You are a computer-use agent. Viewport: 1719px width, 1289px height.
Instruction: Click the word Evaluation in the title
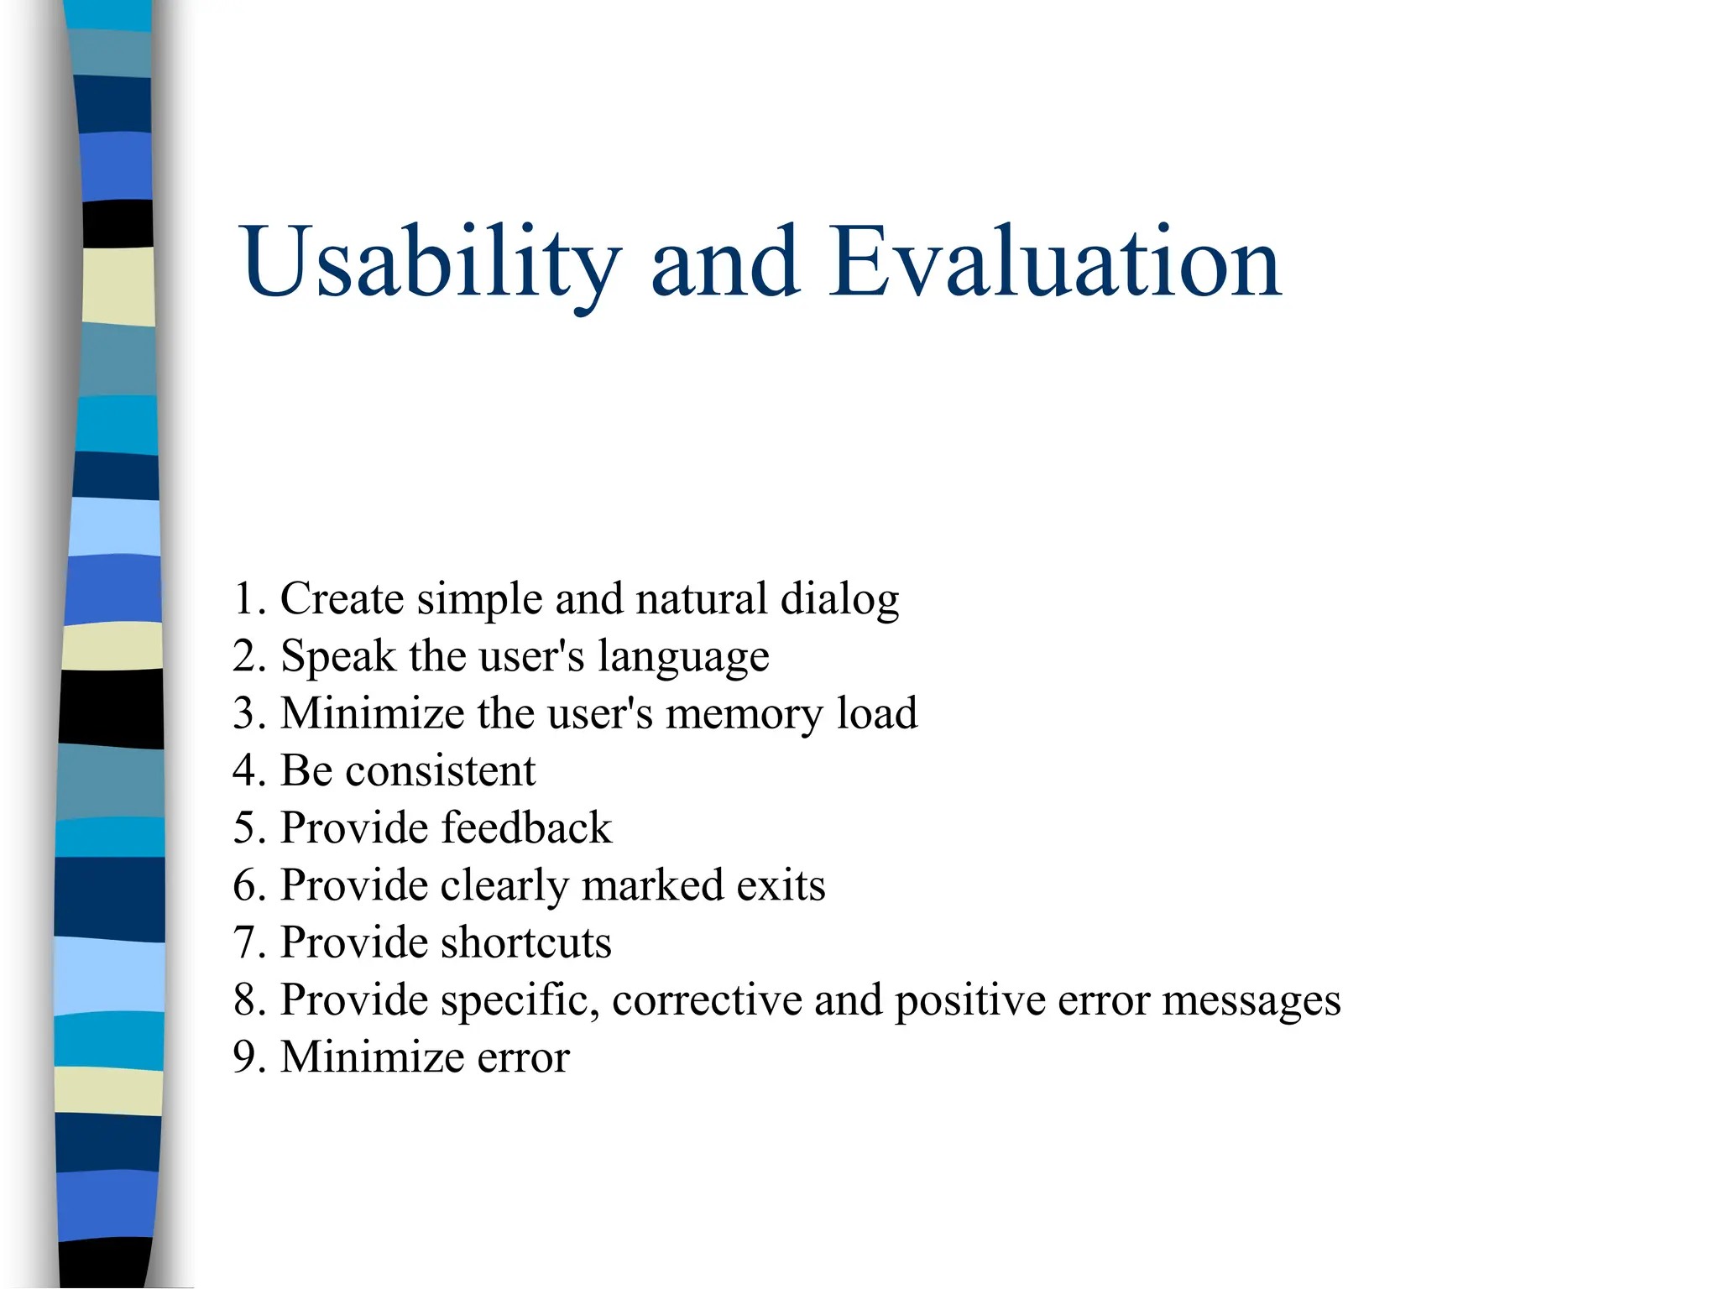[x=1055, y=264]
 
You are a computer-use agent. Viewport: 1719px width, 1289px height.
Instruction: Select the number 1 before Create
[x=244, y=599]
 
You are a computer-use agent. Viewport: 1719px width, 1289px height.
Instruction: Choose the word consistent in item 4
[x=440, y=771]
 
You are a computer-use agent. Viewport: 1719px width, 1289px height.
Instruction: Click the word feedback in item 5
[x=526, y=828]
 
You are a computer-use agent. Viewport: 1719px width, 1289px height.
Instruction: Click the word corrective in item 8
[x=706, y=1000]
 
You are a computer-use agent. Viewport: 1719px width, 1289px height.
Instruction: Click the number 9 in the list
[x=244, y=1057]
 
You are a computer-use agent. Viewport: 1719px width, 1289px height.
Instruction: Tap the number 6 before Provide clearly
[x=244, y=886]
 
